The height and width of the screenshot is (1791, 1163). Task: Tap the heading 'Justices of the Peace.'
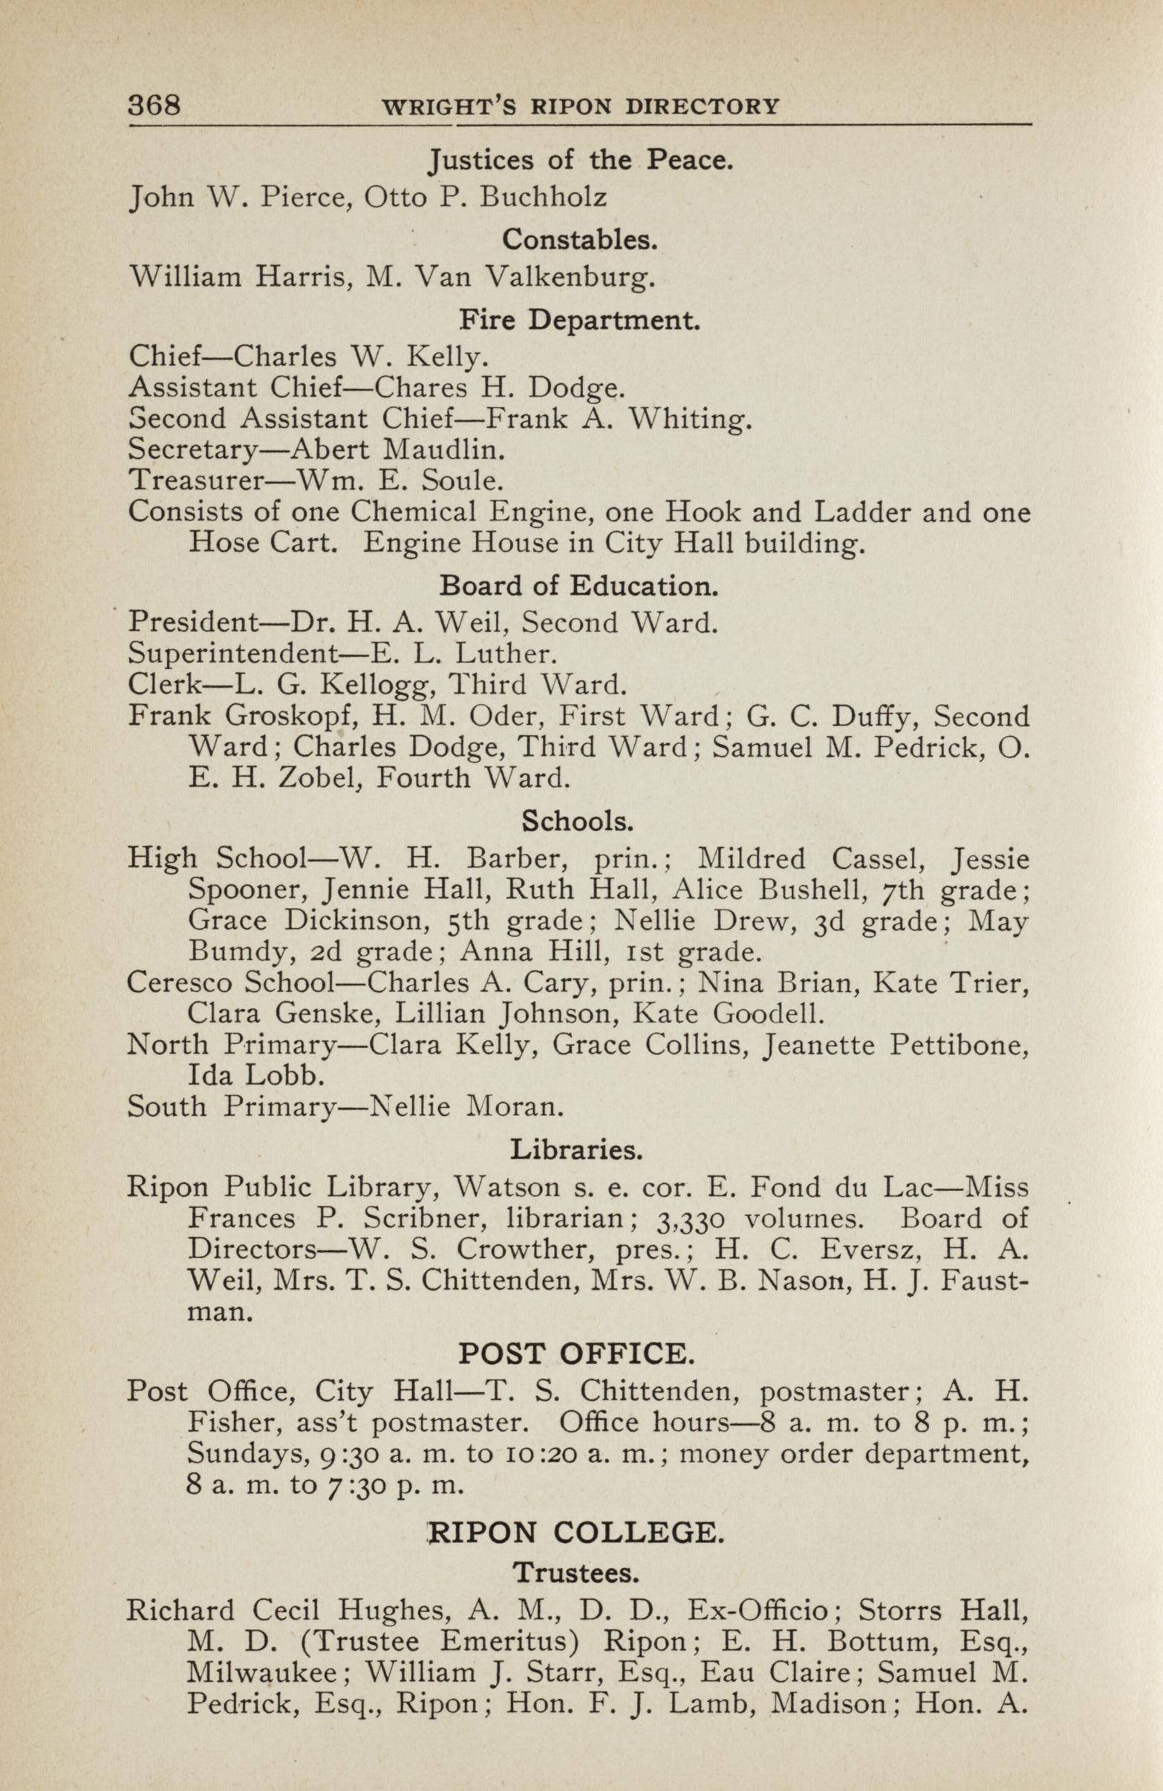580,160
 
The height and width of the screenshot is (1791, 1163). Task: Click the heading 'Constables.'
580,239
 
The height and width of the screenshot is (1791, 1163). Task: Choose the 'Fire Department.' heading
580,321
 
